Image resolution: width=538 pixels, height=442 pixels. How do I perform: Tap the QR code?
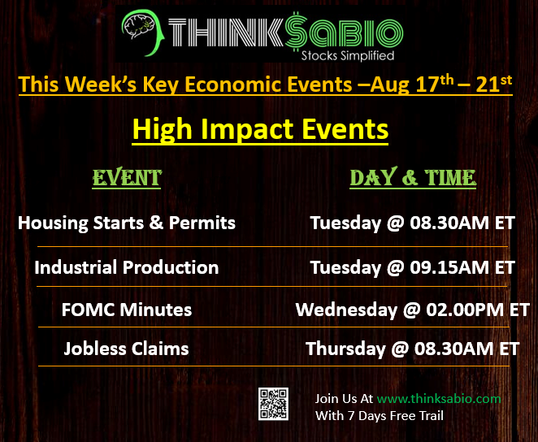point(273,404)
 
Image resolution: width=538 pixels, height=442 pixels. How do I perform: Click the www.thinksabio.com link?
point(439,399)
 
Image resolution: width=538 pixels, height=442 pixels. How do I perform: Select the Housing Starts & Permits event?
point(127,223)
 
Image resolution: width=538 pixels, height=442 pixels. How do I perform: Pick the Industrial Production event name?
point(127,267)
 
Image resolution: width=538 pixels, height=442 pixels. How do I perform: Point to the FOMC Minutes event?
point(127,310)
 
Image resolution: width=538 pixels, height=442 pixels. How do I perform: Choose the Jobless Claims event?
point(127,349)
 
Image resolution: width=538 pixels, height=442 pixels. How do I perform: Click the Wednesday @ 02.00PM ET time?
point(413,310)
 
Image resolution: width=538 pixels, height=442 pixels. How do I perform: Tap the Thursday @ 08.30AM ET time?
point(413,349)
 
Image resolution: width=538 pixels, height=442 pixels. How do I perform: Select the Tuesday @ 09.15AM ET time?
point(413,267)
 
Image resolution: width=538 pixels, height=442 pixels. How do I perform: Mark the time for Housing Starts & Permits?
point(413,223)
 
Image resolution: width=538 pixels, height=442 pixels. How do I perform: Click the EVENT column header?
point(127,178)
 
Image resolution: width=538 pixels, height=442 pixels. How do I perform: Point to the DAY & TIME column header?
point(413,178)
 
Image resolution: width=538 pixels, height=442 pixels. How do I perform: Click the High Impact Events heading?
point(260,130)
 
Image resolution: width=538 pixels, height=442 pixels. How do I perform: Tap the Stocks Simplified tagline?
point(348,55)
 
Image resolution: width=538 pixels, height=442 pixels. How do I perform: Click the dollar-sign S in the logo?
point(296,32)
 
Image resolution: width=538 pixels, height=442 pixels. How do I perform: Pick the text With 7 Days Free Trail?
point(380,416)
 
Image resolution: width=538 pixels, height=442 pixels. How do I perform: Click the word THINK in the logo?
point(226,32)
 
